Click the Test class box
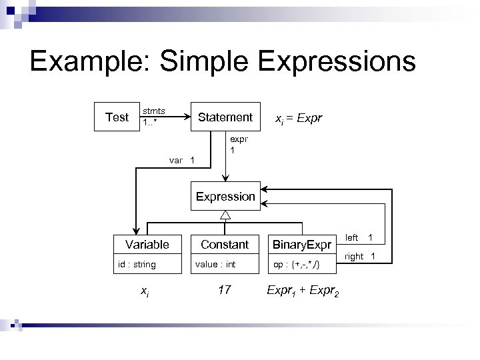pos(117,117)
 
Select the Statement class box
pos(225,117)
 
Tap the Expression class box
pos(225,197)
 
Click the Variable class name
pos(147,245)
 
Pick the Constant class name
pos(225,245)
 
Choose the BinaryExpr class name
pos(301,245)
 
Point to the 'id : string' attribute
pos(137,265)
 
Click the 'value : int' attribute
pos(215,265)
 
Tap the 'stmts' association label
pos(154,111)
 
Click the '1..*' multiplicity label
pos(151,123)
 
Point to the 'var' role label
pos(176,160)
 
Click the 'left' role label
pos(352,237)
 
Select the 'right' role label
pos(354,256)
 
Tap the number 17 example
pos(225,289)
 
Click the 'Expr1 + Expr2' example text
pos(302,290)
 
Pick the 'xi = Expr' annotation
pos(299,118)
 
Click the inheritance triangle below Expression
pos(225,215)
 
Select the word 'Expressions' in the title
pos(335,62)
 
